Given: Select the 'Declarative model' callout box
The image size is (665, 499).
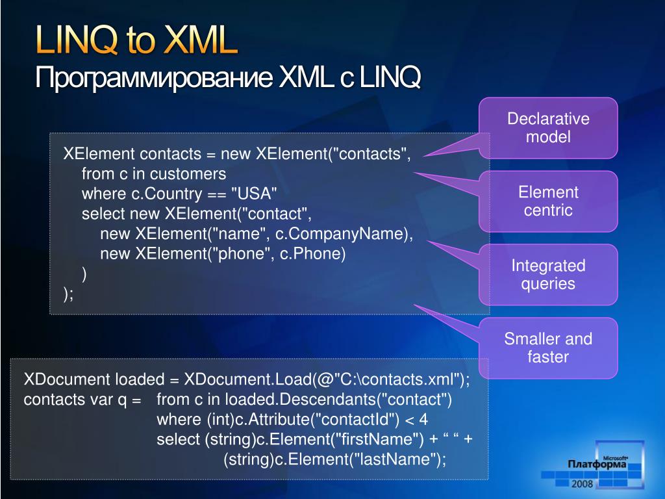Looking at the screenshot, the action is pos(548,128).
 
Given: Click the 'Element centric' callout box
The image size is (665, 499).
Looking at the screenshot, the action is pos(548,201).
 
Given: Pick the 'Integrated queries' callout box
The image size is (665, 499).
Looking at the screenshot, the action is pos(548,275).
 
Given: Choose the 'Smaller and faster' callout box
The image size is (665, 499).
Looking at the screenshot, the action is pos(548,348).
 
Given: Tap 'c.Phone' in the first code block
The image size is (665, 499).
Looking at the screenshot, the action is pos(310,254).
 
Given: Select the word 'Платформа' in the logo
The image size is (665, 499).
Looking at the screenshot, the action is pos(597,464).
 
